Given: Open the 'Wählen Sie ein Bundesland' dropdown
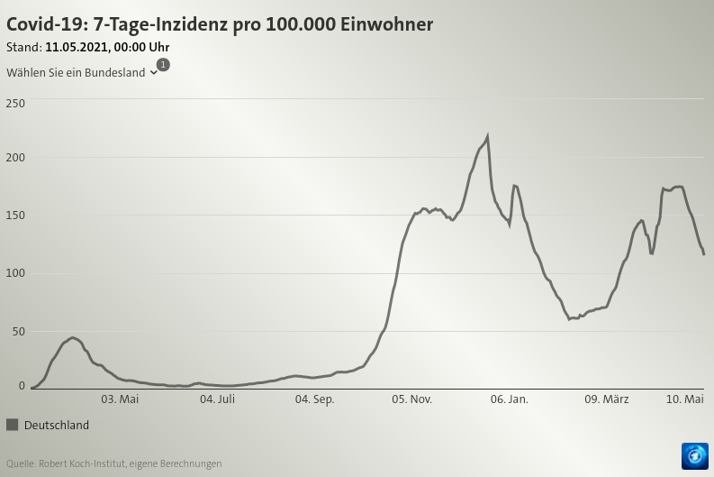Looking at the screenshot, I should tap(82, 72).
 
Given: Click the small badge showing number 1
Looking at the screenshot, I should tap(163, 65).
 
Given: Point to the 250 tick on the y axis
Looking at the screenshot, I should tap(15, 104).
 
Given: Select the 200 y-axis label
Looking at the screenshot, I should tap(15, 158).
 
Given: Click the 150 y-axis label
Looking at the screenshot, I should tap(15, 216).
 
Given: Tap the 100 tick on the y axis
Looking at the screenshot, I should tap(15, 273).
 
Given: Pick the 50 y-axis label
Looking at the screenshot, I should tap(18, 332).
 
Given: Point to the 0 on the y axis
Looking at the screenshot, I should tap(22, 386).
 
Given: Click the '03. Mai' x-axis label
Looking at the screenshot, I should tap(120, 399).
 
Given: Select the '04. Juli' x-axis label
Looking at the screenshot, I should tap(217, 399).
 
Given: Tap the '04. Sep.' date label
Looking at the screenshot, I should tap(315, 399).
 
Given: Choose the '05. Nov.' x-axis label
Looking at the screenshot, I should tap(411, 399).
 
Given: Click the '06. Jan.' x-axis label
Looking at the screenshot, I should tap(510, 399).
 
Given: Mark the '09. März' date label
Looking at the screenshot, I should tap(607, 399).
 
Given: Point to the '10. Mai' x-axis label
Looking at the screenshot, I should tap(685, 399).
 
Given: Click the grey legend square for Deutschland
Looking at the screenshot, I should tap(13, 425).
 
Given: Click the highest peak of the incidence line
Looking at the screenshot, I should tap(487, 137).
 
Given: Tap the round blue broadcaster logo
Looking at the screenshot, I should tap(695, 456).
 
